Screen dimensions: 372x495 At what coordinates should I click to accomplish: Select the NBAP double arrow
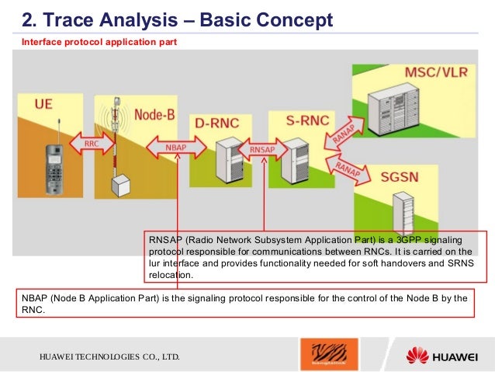coord(176,147)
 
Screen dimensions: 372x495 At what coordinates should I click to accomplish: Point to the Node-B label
coord(156,113)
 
